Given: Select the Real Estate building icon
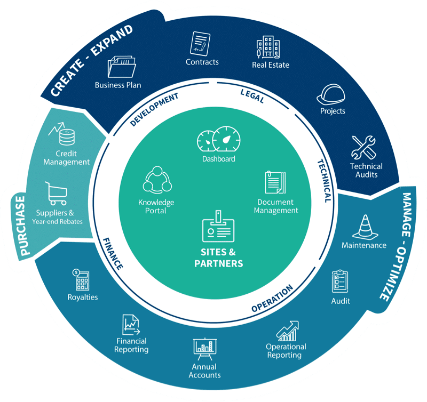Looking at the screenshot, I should (267, 47).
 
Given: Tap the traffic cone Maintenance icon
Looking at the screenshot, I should (364, 226).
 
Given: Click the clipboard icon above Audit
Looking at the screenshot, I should (340, 281).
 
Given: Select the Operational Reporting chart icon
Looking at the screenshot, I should (287, 330).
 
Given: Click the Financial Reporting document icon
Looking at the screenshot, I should (131, 324).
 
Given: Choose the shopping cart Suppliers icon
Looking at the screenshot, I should (56, 193).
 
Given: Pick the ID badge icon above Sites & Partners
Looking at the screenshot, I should (218, 226).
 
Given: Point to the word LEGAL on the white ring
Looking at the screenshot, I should (252, 97).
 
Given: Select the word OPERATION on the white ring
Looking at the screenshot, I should (273, 299).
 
